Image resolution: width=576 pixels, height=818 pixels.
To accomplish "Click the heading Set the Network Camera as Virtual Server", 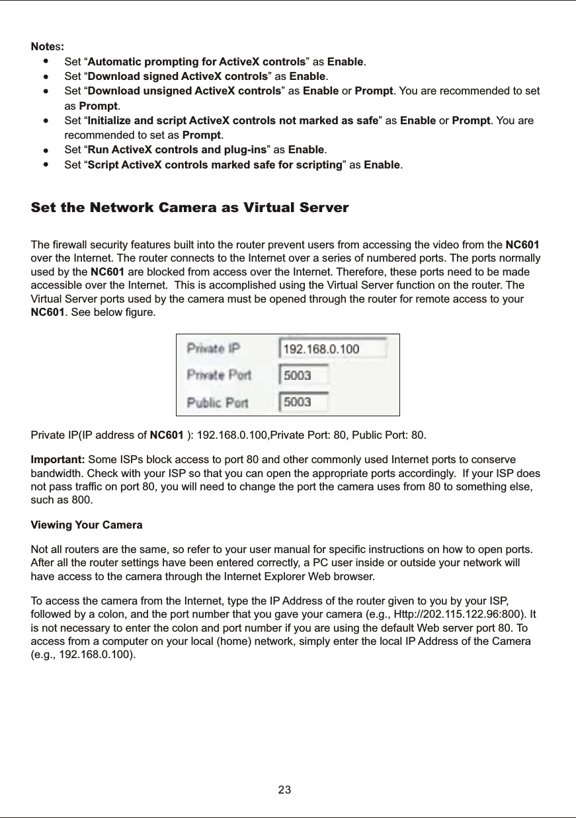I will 190,208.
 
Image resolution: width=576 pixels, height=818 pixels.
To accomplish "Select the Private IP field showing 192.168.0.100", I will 333,348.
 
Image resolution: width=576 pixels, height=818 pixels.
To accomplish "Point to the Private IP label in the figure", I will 213,348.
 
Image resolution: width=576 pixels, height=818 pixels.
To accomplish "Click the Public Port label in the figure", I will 218,402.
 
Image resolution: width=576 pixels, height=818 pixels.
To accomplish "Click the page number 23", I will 285,790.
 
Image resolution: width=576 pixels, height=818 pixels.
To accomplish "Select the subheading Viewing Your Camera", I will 87,525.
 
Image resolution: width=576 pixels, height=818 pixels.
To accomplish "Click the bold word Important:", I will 58,459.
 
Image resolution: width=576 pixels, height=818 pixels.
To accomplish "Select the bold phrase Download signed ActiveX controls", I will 178,76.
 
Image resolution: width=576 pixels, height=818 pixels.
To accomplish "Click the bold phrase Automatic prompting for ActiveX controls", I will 196,62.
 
